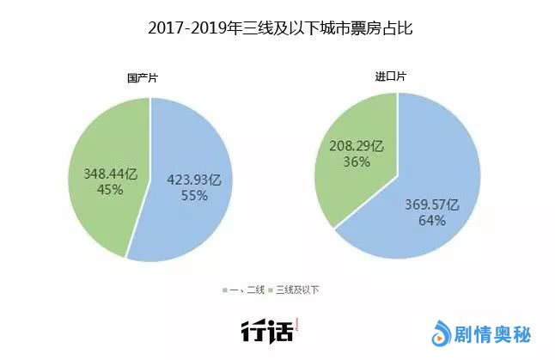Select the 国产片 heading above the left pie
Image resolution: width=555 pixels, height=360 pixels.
(x=143, y=78)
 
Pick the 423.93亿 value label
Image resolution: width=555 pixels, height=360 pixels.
(x=194, y=179)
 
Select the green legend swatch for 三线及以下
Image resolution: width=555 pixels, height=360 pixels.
(x=275, y=290)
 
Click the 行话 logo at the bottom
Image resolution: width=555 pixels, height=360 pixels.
(x=270, y=329)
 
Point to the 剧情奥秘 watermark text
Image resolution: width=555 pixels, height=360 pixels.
(x=493, y=331)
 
